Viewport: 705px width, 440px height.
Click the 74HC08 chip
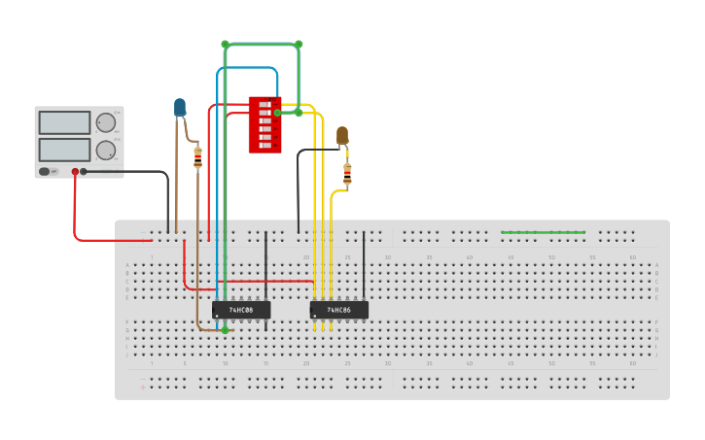pyautogui.click(x=241, y=310)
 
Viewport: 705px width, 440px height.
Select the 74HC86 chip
pyautogui.click(x=338, y=310)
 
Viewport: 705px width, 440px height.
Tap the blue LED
pyautogui.click(x=180, y=107)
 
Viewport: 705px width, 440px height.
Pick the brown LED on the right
pyautogui.click(x=342, y=135)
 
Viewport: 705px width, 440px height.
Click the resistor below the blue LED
pyautogui.click(x=198, y=156)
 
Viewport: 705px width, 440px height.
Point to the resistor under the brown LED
pyautogui.click(x=347, y=174)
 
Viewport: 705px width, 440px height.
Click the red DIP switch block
pyautogui.click(x=264, y=124)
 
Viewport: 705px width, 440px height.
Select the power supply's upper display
pyautogui.click(x=64, y=122)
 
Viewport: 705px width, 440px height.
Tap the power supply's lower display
pyautogui.click(x=64, y=150)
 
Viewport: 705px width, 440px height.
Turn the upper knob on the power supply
pyautogui.click(x=105, y=122)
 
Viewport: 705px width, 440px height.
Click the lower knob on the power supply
pyautogui.click(x=105, y=150)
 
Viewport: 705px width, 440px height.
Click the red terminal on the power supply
pyautogui.click(x=75, y=172)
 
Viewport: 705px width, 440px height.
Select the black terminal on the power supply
pyautogui.click(x=84, y=172)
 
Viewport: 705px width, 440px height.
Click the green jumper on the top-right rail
pyautogui.click(x=543, y=232)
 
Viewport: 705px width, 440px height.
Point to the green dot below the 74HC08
pyautogui.click(x=225, y=330)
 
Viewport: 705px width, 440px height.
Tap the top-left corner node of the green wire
pyautogui.click(x=226, y=44)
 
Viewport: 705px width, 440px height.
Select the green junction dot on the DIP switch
pyautogui.click(x=277, y=113)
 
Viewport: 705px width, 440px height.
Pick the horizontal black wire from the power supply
pyautogui.click(x=126, y=172)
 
